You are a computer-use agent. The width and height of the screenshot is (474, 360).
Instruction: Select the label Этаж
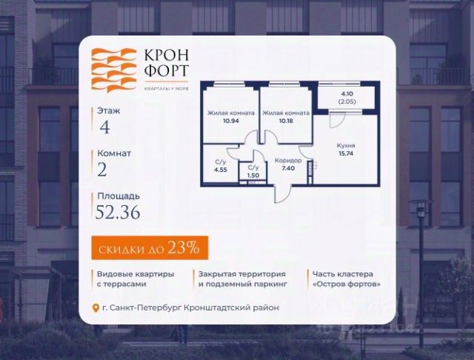click(x=110, y=110)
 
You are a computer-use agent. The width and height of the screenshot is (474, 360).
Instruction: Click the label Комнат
click(x=115, y=153)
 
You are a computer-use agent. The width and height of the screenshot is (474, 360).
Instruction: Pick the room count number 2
click(x=102, y=170)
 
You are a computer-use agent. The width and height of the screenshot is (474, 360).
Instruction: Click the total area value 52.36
click(x=117, y=213)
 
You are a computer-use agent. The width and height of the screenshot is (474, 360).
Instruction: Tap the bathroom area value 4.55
click(x=221, y=169)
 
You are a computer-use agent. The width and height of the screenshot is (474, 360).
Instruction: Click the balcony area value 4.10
click(x=347, y=94)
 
